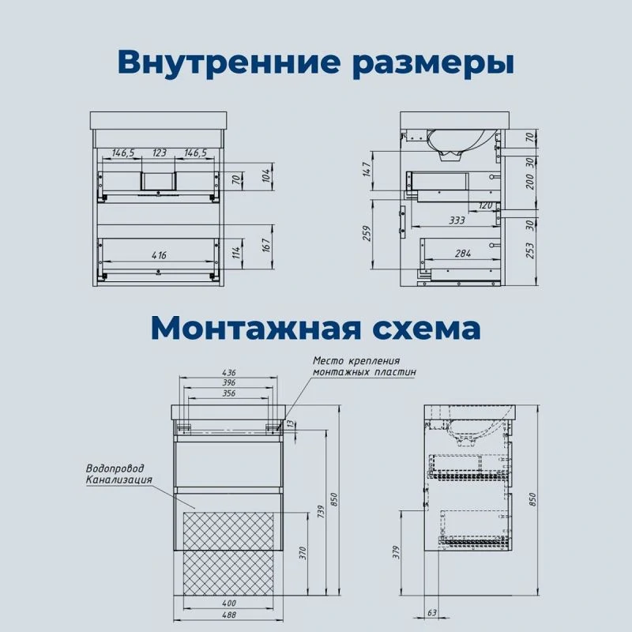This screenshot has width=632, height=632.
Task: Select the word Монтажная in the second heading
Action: (x=255, y=329)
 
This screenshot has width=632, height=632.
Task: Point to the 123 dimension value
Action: (x=160, y=152)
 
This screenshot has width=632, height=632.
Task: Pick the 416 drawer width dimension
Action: (x=160, y=255)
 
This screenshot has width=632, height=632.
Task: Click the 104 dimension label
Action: (x=266, y=176)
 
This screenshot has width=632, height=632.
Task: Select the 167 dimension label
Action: (x=266, y=246)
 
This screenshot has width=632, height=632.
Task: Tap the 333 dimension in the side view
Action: (x=457, y=220)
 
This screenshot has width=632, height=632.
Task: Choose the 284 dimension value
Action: (x=463, y=254)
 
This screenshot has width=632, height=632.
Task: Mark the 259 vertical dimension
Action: (x=367, y=233)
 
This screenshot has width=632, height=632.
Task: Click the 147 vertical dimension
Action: (x=366, y=169)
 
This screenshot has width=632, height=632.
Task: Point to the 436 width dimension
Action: (x=228, y=372)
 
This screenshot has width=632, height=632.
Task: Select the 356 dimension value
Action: (x=228, y=393)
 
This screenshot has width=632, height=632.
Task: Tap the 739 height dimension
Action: (x=321, y=511)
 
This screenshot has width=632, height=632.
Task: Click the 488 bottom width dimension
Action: (x=228, y=615)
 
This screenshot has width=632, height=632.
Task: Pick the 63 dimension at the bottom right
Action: (x=432, y=613)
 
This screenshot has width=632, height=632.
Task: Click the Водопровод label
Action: (x=115, y=468)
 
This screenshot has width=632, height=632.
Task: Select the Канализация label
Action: (x=119, y=480)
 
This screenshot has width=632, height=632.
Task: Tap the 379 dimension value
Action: (x=397, y=552)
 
